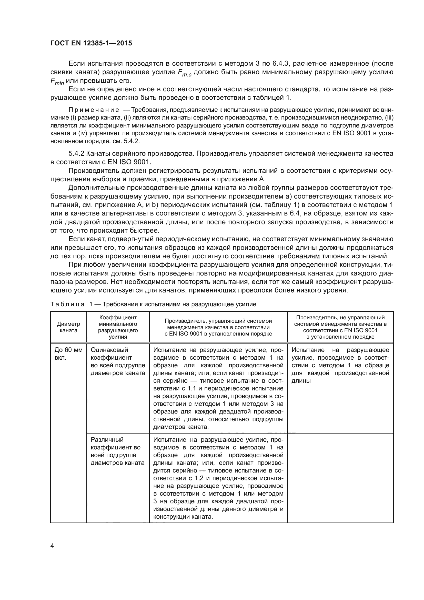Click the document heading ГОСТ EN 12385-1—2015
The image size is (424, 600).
tap(91, 43)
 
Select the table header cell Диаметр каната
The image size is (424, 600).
tap(68, 327)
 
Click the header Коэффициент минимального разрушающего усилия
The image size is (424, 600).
tap(118, 327)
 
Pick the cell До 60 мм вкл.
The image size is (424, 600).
tap(68, 354)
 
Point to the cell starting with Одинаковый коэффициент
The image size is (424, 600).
tap(118, 361)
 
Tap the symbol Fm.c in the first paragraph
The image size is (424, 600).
tap(185, 73)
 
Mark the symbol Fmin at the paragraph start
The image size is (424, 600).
tap(57, 82)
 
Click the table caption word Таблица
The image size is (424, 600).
tap(67, 304)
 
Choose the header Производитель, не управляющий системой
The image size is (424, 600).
tap(340, 327)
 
